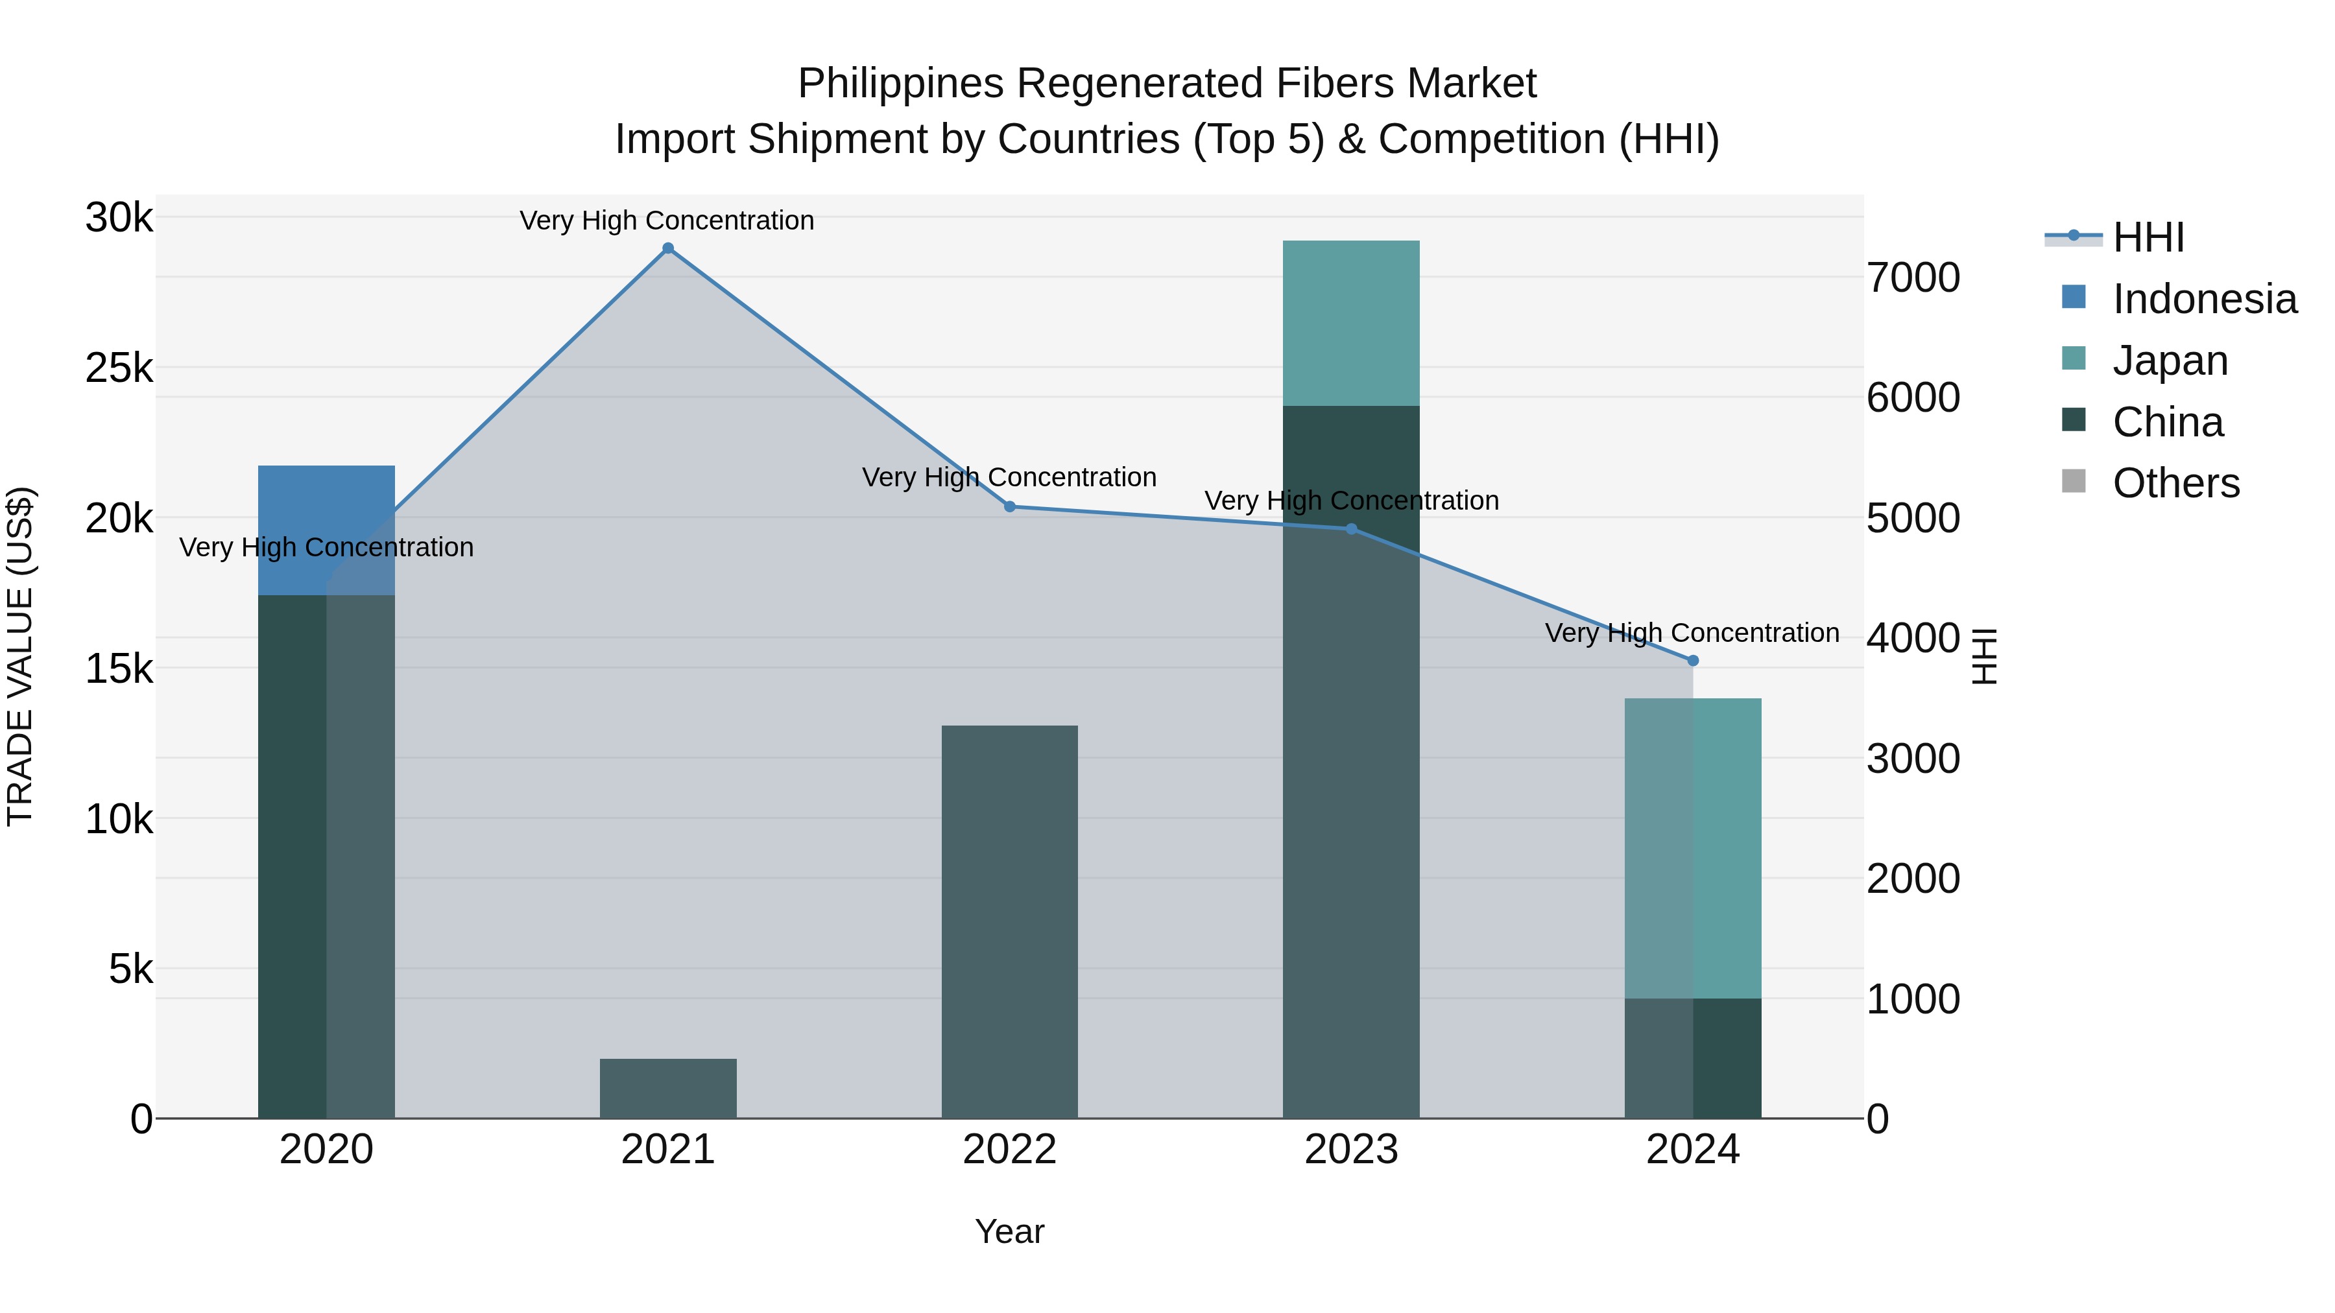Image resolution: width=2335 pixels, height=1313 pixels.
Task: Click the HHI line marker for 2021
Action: point(668,248)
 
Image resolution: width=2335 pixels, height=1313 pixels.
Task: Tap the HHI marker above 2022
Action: point(1010,506)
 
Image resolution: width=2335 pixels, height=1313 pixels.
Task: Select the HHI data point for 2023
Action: point(1352,529)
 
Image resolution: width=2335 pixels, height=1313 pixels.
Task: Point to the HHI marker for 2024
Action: point(1692,661)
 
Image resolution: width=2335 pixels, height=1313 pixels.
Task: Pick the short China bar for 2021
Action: point(668,1088)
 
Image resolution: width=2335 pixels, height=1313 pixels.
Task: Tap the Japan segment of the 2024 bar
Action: point(1692,848)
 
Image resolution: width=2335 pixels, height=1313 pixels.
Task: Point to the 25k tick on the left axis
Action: point(119,368)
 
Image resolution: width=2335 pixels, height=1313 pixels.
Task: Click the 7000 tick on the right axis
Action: point(1913,278)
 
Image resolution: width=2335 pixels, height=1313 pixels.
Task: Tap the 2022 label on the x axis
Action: point(1010,1150)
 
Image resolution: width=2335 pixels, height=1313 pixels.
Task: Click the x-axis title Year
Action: point(1010,1231)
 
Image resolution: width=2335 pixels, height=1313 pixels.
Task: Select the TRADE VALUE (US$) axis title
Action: point(20,656)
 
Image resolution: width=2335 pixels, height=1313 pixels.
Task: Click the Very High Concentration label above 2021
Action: point(667,220)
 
